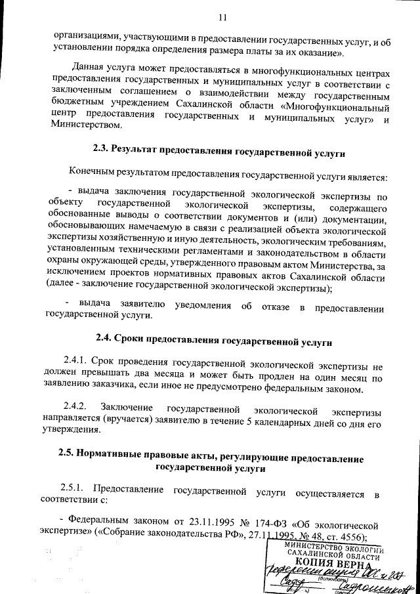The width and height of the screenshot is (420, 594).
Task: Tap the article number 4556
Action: coord(351,538)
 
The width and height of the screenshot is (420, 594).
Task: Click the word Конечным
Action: coord(95,175)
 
